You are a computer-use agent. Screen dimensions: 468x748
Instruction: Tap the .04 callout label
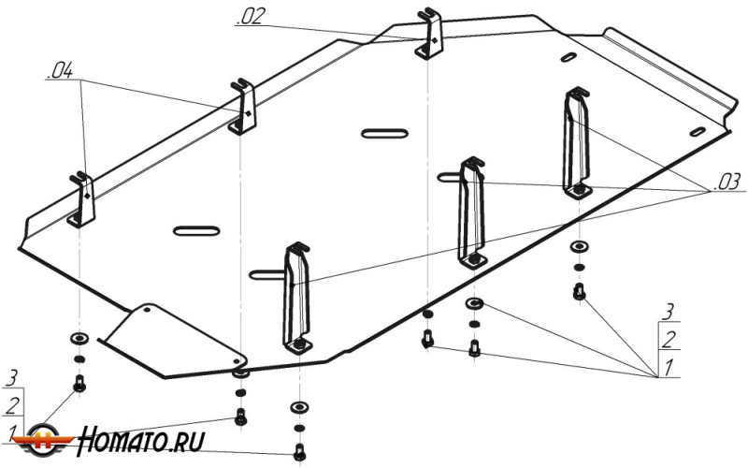[57, 69]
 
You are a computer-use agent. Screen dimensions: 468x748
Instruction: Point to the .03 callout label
[726, 183]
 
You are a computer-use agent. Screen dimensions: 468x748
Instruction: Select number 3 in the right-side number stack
[668, 311]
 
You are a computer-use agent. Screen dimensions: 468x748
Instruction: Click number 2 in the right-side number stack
[668, 338]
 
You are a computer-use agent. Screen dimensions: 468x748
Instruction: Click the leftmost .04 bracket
[81, 199]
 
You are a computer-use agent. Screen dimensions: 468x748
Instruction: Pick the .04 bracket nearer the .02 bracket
[244, 106]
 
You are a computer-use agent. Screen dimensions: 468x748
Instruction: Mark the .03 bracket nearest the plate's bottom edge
[297, 297]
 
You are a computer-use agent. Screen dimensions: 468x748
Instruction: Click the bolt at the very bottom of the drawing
[299, 452]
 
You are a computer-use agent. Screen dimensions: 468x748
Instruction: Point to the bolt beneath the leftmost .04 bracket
[79, 383]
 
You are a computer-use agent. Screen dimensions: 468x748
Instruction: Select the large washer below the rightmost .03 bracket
[579, 248]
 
